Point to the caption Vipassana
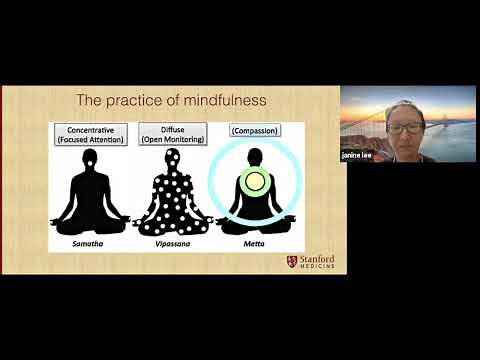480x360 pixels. (172, 244)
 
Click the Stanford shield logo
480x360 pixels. (292, 261)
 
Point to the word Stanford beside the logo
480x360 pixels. (317, 258)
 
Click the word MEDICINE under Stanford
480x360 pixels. (317, 267)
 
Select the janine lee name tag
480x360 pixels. (357, 155)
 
